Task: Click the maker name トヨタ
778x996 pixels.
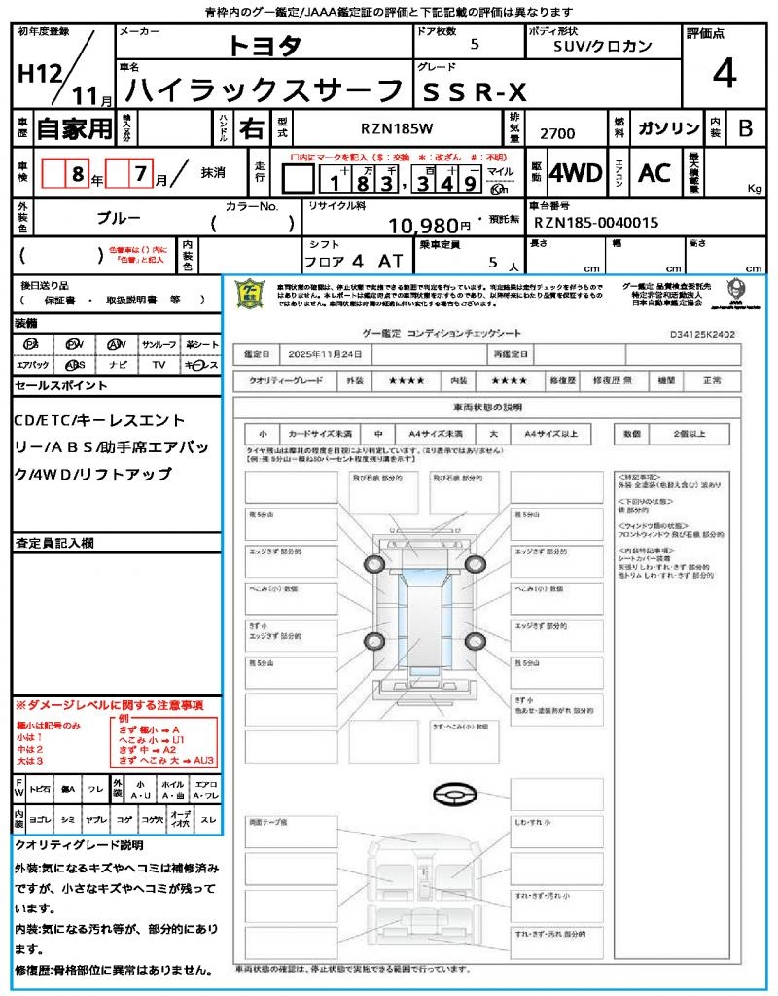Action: (x=265, y=47)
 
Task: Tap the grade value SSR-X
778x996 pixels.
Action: (x=473, y=92)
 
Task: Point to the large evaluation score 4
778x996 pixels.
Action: (x=724, y=73)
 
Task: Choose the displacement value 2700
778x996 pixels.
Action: (x=557, y=133)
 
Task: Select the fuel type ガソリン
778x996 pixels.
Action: (x=668, y=129)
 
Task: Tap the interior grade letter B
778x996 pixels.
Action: (x=745, y=128)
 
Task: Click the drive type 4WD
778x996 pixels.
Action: (x=576, y=173)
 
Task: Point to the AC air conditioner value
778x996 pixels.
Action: (x=654, y=173)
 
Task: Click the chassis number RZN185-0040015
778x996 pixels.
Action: (x=596, y=223)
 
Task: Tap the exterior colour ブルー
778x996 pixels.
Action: (x=118, y=219)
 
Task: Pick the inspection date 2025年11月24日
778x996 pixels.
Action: (x=329, y=354)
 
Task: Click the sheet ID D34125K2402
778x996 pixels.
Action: (x=703, y=334)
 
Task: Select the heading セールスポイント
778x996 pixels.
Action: (x=60, y=386)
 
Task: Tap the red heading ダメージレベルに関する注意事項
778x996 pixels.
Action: (x=109, y=704)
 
